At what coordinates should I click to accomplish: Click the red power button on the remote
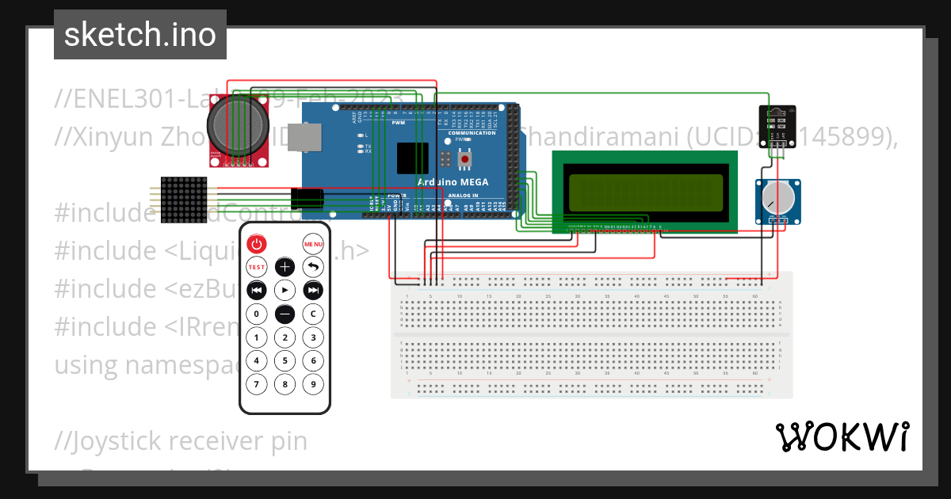coord(256,244)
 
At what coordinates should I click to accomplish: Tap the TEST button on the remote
coord(256,267)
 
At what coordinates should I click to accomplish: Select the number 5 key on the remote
coord(285,361)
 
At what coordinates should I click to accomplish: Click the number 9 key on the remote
coord(314,385)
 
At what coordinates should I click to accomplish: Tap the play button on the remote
coord(285,290)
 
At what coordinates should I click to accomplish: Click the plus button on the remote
coord(285,267)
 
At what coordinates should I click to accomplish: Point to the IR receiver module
coord(776,127)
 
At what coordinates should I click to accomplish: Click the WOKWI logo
coord(842,436)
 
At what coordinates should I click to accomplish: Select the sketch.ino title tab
coord(139,35)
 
